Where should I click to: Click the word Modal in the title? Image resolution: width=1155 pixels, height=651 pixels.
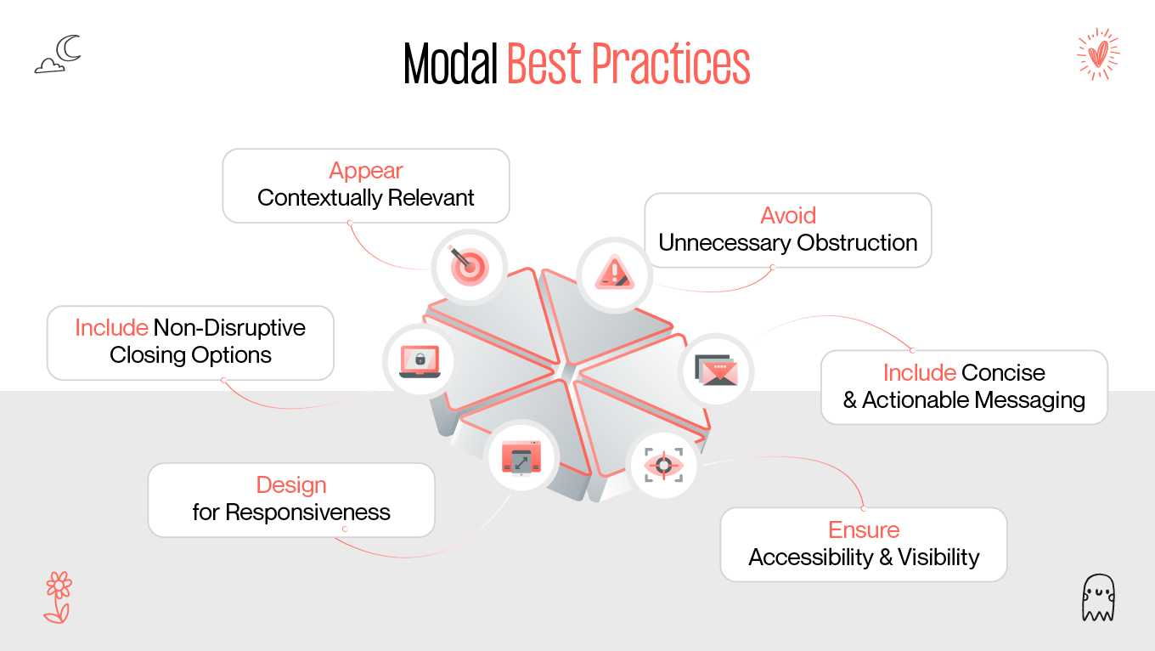pos(450,64)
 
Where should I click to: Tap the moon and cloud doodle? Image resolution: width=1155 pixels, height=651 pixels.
pos(58,54)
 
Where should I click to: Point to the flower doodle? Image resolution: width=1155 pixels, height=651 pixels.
pos(58,597)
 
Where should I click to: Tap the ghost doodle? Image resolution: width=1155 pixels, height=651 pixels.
pos(1097,597)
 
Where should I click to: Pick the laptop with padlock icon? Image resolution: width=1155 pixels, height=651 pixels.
pos(420,362)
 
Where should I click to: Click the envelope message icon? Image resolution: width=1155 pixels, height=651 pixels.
pos(717,370)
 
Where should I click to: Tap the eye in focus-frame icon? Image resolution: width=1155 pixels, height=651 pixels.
pos(663,466)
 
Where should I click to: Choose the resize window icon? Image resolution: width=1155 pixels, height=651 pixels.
pos(521,457)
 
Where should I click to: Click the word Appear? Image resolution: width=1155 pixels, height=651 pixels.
pos(366,171)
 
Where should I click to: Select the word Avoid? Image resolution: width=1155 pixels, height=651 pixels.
pos(788,216)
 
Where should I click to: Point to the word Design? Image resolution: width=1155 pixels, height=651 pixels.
pos(291,485)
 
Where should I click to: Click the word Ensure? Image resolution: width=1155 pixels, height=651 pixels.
pos(864,530)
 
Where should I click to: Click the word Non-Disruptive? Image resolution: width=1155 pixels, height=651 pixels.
pos(229,328)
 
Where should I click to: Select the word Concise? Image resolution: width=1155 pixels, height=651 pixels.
pos(1003,373)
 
